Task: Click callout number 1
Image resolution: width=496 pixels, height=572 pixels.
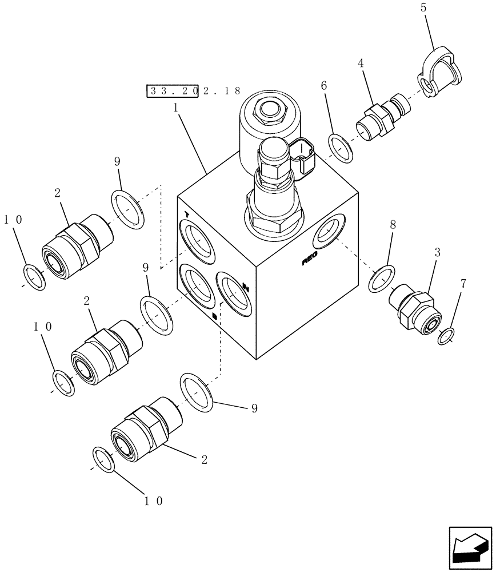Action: coord(176,106)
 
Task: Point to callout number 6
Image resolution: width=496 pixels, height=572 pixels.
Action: coord(324,85)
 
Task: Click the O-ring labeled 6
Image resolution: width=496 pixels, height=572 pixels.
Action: coord(341,148)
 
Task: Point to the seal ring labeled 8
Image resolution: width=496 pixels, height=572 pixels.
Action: coord(381,279)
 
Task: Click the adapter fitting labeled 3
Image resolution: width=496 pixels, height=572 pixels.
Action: coord(415,309)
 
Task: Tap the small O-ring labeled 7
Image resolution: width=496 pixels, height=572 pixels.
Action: coord(446,336)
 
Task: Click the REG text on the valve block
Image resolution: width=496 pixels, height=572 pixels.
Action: coord(310,260)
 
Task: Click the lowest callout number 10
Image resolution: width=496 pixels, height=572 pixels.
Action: coord(154,500)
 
